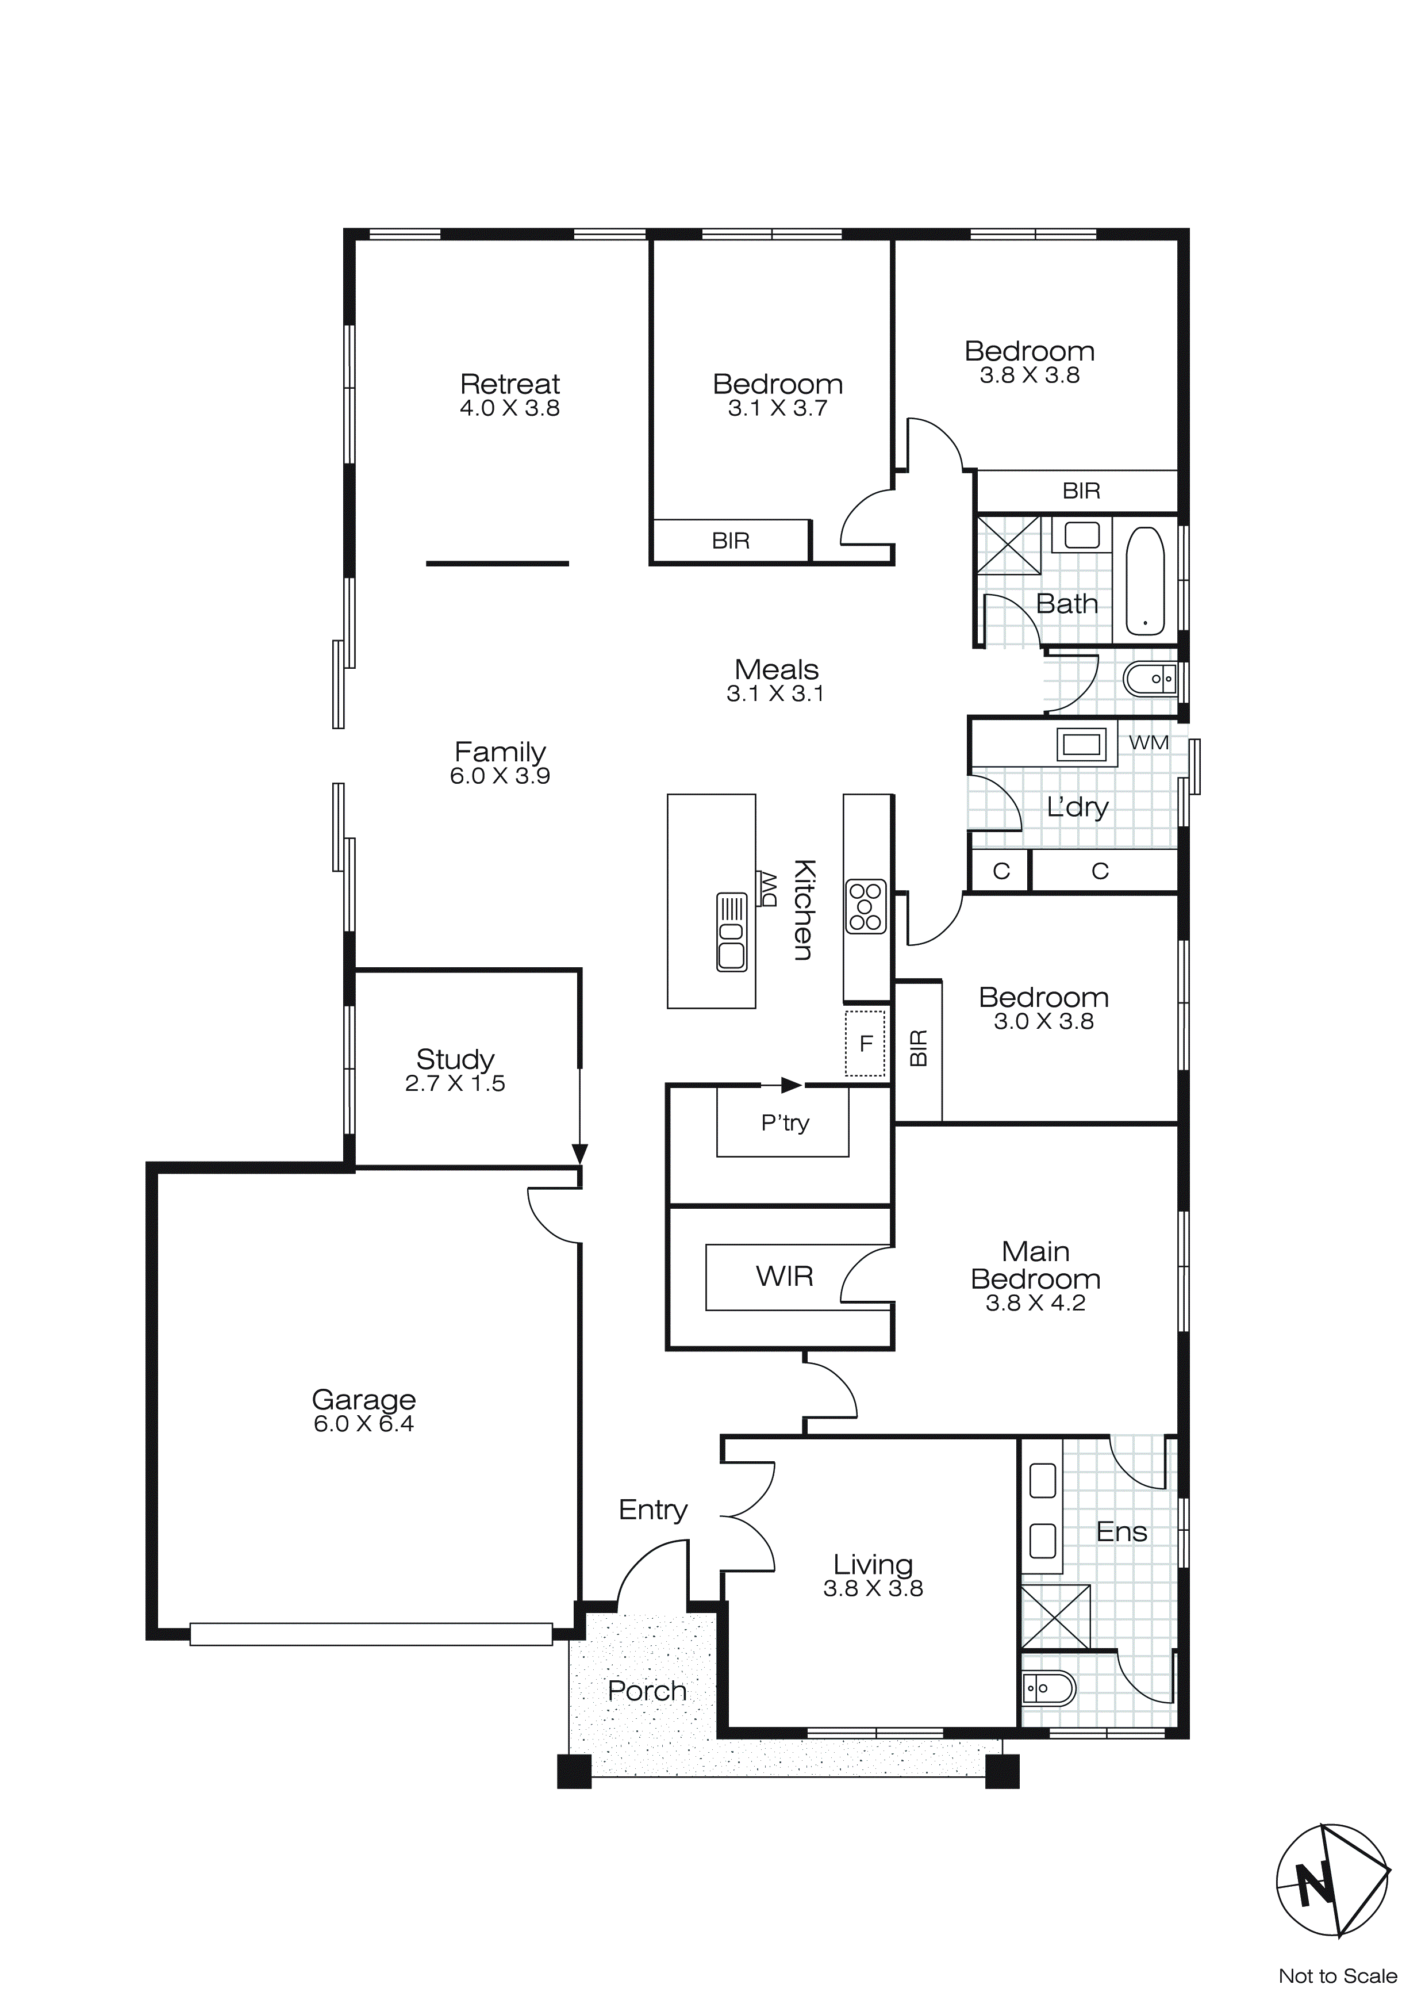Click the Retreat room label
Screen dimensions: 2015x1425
[x=510, y=384]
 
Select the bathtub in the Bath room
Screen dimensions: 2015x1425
[x=1145, y=580]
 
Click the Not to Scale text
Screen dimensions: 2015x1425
[x=1337, y=1976]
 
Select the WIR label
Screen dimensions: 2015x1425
[x=785, y=1276]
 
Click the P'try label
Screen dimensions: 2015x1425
[x=785, y=1123]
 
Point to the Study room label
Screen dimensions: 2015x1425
[x=455, y=1059]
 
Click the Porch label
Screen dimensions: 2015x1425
[x=647, y=1691]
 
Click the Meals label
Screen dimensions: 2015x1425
[x=777, y=669]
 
